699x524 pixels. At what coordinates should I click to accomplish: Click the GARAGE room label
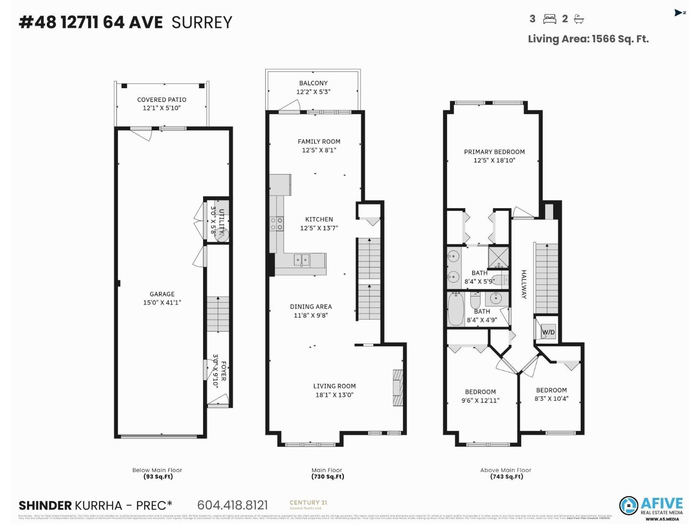[162, 294]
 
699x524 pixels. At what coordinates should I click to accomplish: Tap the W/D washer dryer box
[548, 332]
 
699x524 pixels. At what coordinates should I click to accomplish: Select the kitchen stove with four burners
[277, 224]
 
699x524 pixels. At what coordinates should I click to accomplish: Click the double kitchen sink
[301, 260]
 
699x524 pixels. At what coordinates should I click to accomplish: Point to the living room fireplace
[398, 388]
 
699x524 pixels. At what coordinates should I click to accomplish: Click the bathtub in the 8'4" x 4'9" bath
[456, 309]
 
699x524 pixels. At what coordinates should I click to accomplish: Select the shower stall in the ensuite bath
[498, 257]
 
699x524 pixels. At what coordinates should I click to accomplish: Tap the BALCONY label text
[313, 83]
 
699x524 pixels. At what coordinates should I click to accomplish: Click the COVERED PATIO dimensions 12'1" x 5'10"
[162, 108]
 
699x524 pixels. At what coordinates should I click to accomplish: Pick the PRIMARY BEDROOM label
[494, 152]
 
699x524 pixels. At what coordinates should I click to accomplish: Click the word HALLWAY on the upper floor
[524, 284]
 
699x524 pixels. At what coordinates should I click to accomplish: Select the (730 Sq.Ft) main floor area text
[327, 476]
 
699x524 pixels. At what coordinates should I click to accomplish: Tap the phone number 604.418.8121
[232, 505]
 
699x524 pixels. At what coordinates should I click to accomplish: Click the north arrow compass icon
[679, 13]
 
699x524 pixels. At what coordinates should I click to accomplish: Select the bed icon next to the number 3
[550, 19]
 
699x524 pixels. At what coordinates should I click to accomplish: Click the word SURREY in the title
[201, 22]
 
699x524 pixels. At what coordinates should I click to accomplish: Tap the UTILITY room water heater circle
[223, 235]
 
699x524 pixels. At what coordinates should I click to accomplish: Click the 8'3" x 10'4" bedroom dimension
[551, 398]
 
